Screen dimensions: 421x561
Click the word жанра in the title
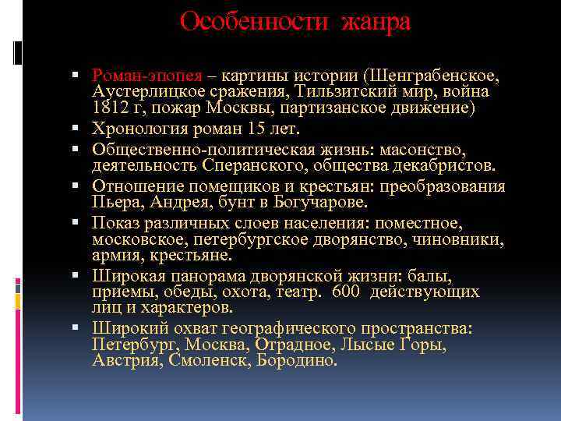tap(375, 21)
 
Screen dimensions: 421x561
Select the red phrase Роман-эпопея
tap(147, 76)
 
